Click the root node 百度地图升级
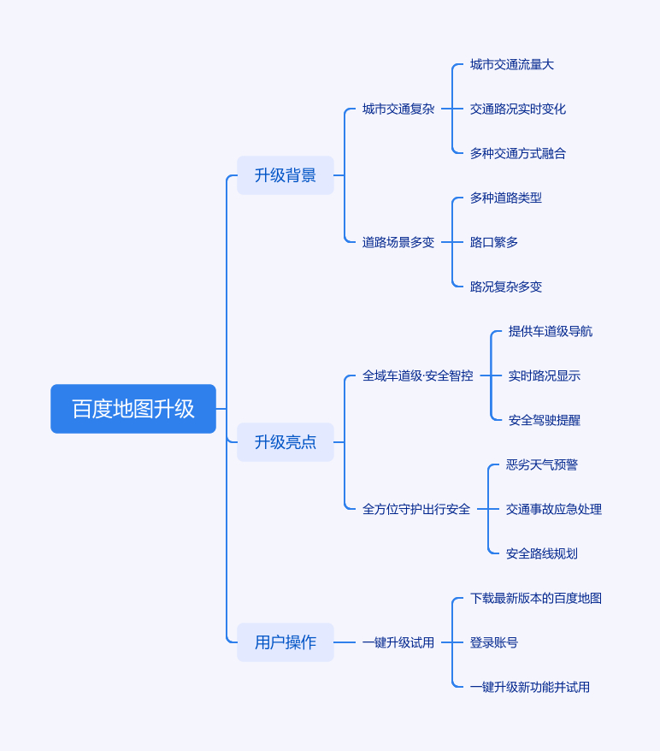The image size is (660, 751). click(133, 409)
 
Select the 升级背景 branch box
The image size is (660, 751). click(286, 175)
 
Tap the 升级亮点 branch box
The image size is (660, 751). click(286, 442)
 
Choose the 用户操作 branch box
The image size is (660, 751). click(286, 642)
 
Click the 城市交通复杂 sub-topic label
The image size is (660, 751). click(398, 109)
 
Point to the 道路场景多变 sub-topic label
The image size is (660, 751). click(398, 242)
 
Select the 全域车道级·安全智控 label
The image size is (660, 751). click(417, 375)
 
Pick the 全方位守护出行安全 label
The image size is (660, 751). click(415, 509)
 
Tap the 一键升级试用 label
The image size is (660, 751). click(398, 642)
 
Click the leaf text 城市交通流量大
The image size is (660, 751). click(511, 64)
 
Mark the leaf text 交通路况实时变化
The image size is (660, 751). click(517, 109)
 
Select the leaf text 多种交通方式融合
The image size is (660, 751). click(517, 153)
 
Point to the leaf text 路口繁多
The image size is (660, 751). click(493, 242)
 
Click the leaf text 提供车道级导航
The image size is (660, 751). click(550, 331)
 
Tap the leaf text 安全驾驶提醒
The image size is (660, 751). click(544, 420)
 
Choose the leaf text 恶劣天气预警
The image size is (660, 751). click(541, 464)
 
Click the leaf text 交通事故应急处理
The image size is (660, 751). click(553, 509)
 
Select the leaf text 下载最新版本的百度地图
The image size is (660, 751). click(535, 598)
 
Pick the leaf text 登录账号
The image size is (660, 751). click(493, 642)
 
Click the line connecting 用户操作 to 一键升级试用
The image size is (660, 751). click(345, 642)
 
